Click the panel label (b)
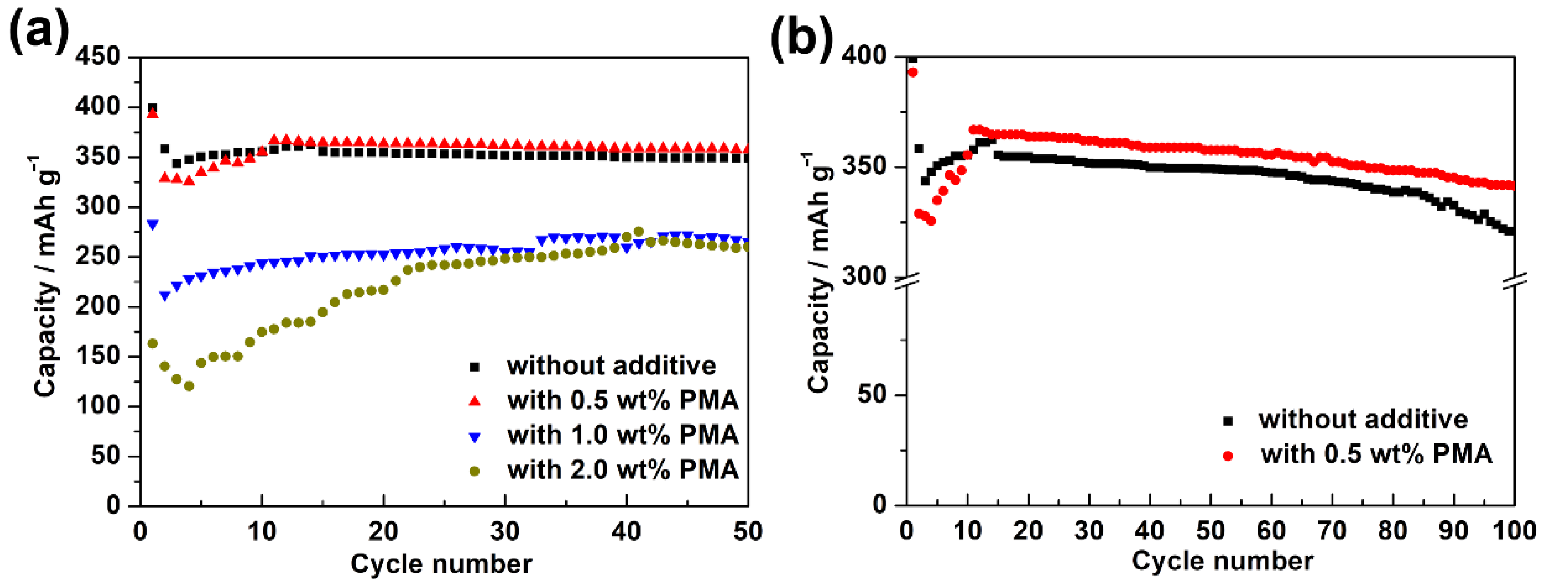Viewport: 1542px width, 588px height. [x=801, y=37]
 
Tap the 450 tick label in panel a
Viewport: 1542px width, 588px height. [x=98, y=56]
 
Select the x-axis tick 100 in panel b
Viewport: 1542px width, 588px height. [x=1514, y=530]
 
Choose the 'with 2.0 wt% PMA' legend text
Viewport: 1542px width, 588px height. [x=622, y=470]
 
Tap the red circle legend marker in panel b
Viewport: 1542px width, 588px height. [x=1228, y=456]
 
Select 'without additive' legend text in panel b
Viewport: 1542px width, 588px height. [x=1363, y=419]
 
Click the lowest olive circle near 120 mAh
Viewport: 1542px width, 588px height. [x=189, y=386]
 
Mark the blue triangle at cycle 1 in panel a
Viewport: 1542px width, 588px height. [x=152, y=225]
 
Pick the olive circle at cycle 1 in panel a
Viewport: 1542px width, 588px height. [x=152, y=343]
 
